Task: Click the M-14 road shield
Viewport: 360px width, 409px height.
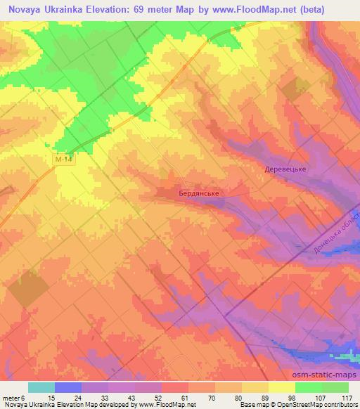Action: (64, 160)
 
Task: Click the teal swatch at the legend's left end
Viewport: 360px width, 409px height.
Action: (41, 387)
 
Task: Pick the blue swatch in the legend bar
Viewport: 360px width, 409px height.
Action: (68, 387)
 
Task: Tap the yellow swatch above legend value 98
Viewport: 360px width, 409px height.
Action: (282, 387)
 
